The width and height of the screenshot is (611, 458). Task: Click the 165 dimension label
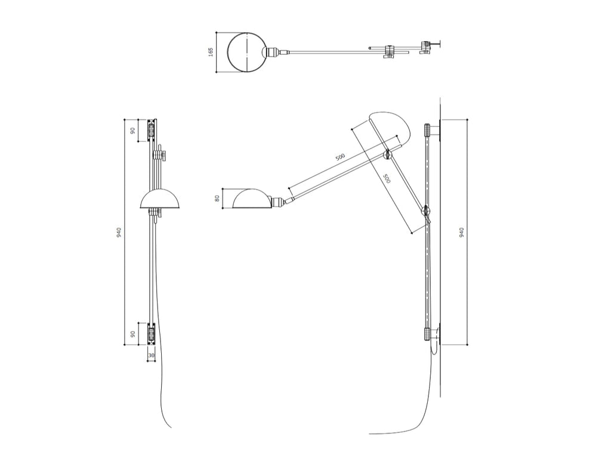tap(211, 52)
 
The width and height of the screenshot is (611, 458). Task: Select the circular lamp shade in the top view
tap(248, 52)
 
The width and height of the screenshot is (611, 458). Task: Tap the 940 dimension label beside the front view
tap(119, 233)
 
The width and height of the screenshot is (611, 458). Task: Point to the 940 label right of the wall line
tap(462, 233)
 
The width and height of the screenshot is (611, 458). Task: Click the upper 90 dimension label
tap(132, 131)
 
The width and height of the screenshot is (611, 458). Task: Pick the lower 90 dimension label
tap(132, 334)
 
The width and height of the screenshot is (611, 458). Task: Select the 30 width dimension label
tap(151, 355)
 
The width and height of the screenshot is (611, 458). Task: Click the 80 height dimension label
tap(217, 198)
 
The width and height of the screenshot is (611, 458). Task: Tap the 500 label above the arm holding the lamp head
tap(340, 157)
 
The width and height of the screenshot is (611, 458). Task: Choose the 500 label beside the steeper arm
tap(387, 179)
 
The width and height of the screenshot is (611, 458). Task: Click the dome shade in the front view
tap(160, 199)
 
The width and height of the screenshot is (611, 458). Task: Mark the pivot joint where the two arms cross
tap(388, 154)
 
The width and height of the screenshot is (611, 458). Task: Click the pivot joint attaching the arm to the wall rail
tap(426, 211)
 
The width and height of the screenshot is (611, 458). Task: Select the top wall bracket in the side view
tap(427, 129)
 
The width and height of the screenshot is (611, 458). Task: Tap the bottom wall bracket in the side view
tap(427, 334)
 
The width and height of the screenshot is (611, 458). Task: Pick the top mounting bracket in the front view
tap(151, 131)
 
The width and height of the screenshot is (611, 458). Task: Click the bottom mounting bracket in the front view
tap(151, 334)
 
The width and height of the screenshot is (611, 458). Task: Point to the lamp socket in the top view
tap(272, 52)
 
